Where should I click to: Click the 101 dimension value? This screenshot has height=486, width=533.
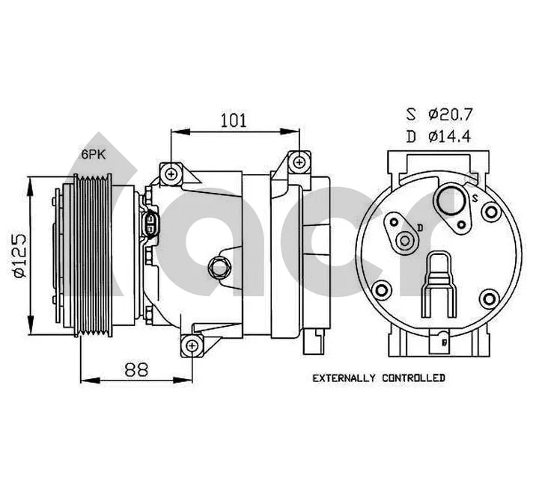[x=234, y=118]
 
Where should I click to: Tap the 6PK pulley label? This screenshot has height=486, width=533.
[x=94, y=153]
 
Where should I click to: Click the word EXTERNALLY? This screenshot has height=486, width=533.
[x=344, y=378]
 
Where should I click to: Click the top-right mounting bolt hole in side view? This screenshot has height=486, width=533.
[x=299, y=161]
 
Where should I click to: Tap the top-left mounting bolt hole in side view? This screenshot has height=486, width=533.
[x=171, y=173]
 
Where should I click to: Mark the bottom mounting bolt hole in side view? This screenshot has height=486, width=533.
[x=192, y=345]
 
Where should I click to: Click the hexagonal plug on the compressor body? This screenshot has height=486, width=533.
[x=219, y=265]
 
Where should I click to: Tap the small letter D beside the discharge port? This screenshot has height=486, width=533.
[x=421, y=227]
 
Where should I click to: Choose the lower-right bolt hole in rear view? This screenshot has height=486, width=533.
[x=490, y=299]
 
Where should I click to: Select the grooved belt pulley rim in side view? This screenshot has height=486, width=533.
[x=94, y=256]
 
